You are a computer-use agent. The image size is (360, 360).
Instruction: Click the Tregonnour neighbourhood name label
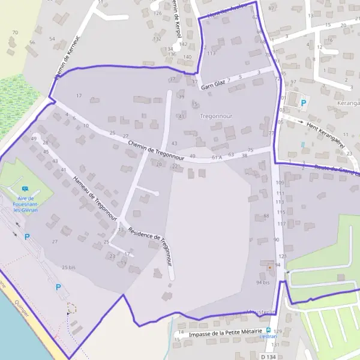[x=215, y=115]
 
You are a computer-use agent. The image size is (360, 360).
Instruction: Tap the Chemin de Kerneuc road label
[x=67, y=61]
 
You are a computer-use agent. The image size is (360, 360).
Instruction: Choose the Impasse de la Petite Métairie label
[x=225, y=332]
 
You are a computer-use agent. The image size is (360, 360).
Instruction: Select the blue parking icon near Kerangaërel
[x=304, y=103]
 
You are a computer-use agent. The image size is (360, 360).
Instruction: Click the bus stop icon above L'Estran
[x=268, y=330]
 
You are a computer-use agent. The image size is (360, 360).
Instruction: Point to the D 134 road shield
[x=268, y=356]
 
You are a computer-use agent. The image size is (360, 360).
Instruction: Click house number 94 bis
[x=263, y=282]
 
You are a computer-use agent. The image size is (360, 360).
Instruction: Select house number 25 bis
[x=68, y=267]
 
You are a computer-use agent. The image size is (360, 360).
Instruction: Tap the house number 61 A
[x=217, y=157]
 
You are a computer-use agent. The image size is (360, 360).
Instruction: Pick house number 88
[x=266, y=216]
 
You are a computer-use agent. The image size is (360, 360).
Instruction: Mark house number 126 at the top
[x=158, y=13]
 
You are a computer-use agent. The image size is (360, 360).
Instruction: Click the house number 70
[x=14, y=32]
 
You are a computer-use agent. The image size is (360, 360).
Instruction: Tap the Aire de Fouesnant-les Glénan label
[x=25, y=204]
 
